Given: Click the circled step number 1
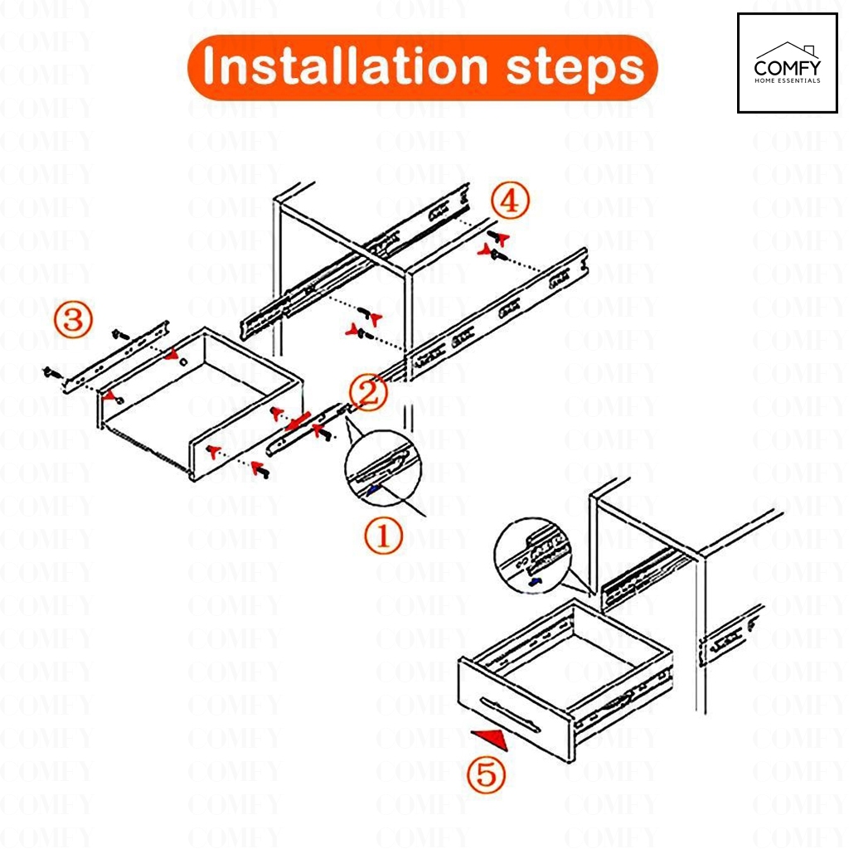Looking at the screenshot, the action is [383, 536].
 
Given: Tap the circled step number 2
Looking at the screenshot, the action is [368, 392].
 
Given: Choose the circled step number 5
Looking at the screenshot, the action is [486, 774].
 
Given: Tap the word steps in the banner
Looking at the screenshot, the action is [575, 70].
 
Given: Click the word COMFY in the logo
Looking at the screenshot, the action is [788, 68].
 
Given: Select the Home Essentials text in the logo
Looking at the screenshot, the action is [788, 80].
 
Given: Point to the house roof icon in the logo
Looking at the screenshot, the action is [788, 50].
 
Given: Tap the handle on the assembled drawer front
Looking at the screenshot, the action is [510, 715].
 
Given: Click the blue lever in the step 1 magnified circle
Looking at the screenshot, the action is [373, 490].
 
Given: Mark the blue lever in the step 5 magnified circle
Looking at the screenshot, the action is [536, 582].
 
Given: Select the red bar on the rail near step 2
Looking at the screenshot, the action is [298, 421].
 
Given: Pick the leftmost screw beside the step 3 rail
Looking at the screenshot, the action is [52, 372].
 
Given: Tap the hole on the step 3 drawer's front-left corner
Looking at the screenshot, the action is [119, 400].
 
